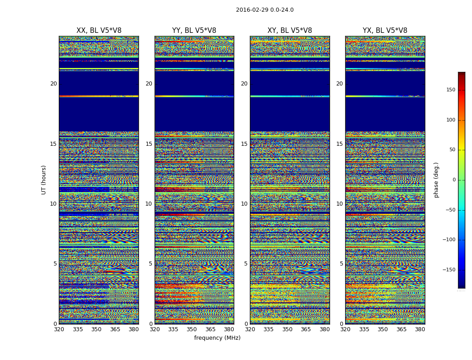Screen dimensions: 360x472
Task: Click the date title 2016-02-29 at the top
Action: [x=264, y=10]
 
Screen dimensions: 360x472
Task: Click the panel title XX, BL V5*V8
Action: [x=99, y=31]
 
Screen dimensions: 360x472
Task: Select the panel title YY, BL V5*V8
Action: [x=194, y=31]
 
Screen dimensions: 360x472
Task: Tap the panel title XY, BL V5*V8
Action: [x=289, y=31]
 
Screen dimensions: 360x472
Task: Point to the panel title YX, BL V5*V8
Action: [x=385, y=31]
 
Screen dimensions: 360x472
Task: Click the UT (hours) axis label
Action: [x=44, y=180]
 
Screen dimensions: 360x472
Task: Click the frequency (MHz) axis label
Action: [x=217, y=338]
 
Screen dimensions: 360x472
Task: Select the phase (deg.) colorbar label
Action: [x=436, y=180]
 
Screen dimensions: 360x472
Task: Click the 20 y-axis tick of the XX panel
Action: [x=53, y=84]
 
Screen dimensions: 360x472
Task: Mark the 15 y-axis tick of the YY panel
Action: [x=149, y=144]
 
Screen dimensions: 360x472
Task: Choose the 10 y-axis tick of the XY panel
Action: [x=244, y=204]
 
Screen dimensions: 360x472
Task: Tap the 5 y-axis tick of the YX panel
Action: [x=341, y=264]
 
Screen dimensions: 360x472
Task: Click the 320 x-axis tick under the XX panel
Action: [x=59, y=329]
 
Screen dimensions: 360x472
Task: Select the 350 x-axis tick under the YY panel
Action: [x=192, y=329]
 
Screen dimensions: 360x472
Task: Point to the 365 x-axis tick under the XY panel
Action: [x=306, y=329]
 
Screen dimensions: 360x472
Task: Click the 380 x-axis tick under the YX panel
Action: [x=420, y=329]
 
